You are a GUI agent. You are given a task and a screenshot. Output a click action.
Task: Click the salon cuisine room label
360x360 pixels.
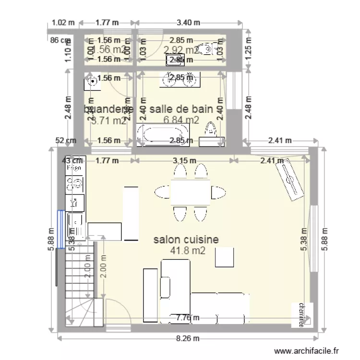click(x=186, y=240)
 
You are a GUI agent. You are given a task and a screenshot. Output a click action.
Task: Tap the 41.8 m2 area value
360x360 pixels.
click(x=186, y=250)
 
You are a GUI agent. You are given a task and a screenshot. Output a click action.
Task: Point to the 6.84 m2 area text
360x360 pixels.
click(x=181, y=120)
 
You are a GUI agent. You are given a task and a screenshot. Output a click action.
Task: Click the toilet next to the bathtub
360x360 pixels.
click(x=210, y=131)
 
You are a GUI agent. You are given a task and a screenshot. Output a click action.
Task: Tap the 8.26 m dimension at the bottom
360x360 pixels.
click(x=187, y=338)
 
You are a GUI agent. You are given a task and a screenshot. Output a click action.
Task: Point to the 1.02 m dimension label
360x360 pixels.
click(x=64, y=22)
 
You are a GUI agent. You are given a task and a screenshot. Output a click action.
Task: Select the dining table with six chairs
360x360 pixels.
click(x=191, y=192)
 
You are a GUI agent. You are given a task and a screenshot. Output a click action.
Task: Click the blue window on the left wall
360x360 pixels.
click(x=60, y=229)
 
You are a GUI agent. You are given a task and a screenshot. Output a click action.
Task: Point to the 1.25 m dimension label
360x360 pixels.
click(x=248, y=48)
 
